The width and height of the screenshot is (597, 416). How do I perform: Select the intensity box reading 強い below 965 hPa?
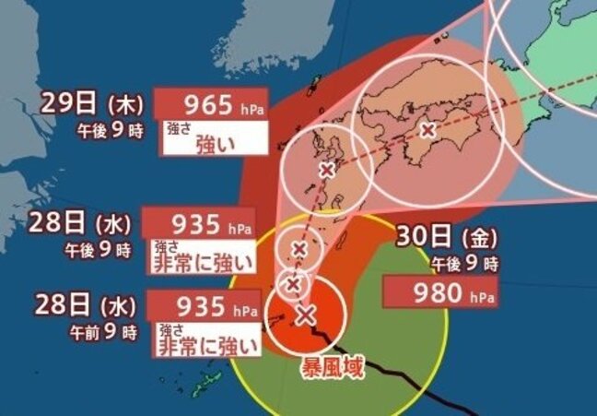[x=214, y=143]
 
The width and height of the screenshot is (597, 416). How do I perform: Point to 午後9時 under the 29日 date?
[x=109, y=130]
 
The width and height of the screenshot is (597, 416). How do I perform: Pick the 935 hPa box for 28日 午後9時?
[x=200, y=223]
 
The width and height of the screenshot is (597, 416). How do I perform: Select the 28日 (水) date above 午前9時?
[x=88, y=304]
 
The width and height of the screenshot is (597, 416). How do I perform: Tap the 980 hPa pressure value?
[x=442, y=295]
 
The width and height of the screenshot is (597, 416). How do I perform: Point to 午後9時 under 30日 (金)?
[x=463, y=264]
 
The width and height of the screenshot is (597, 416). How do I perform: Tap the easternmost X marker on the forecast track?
[x=427, y=131]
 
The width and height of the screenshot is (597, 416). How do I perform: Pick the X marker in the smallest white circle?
[x=294, y=284]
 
